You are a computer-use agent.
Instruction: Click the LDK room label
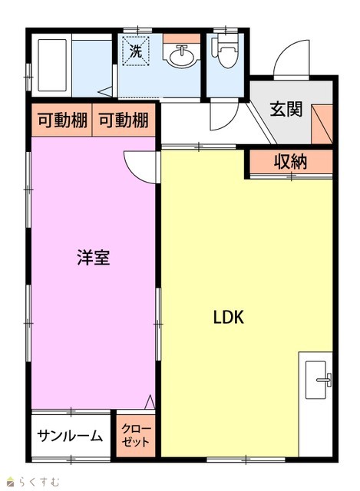229,317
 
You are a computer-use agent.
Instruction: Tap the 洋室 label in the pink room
94,258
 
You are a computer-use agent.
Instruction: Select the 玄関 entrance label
286,109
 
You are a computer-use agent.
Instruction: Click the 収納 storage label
290,162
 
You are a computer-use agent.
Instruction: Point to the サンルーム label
70,436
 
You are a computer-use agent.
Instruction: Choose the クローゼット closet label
136,436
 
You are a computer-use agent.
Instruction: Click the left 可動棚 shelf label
62,120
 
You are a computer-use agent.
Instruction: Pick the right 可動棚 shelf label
124,120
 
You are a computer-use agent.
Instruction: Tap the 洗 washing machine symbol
136,51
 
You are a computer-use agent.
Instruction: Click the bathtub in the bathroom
52,65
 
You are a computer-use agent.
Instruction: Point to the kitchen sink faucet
325,380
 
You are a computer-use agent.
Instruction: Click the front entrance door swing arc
285,50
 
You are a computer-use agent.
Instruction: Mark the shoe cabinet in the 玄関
322,124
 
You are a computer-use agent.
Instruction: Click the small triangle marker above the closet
150,402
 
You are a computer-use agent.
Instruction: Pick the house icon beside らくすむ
11,482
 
